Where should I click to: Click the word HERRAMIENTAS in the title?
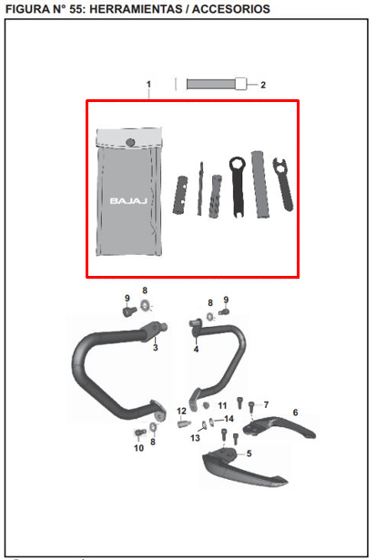click(x=136, y=9)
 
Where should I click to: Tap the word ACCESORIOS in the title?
click(x=231, y=9)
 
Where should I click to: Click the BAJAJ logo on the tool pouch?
click(x=128, y=201)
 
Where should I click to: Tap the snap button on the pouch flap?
click(x=131, y=142)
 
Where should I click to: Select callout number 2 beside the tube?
click(x=263, y=85)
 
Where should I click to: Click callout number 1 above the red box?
click(x=149, y=85)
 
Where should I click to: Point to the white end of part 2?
click(x=241, y=84)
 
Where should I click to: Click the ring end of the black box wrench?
click(x=237, y=166)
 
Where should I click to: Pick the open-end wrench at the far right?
click(x=284, y=184)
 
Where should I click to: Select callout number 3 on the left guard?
click(x=156, y=348)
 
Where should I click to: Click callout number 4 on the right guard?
click(x=196, y=350)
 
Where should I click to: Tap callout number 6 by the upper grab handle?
click(x=295, y=412)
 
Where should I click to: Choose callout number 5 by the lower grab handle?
click(x=249, y=453)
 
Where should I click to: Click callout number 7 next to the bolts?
click(x=266, y=404)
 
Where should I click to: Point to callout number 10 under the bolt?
click(x=139, y=447)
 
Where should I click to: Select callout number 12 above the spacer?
click(x=181, y=412)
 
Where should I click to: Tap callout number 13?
click(x=195, y=438)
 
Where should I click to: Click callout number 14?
click(x=229, y=419)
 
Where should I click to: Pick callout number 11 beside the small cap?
click(x=222, y=406)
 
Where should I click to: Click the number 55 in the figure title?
click(x=76, y=9)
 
